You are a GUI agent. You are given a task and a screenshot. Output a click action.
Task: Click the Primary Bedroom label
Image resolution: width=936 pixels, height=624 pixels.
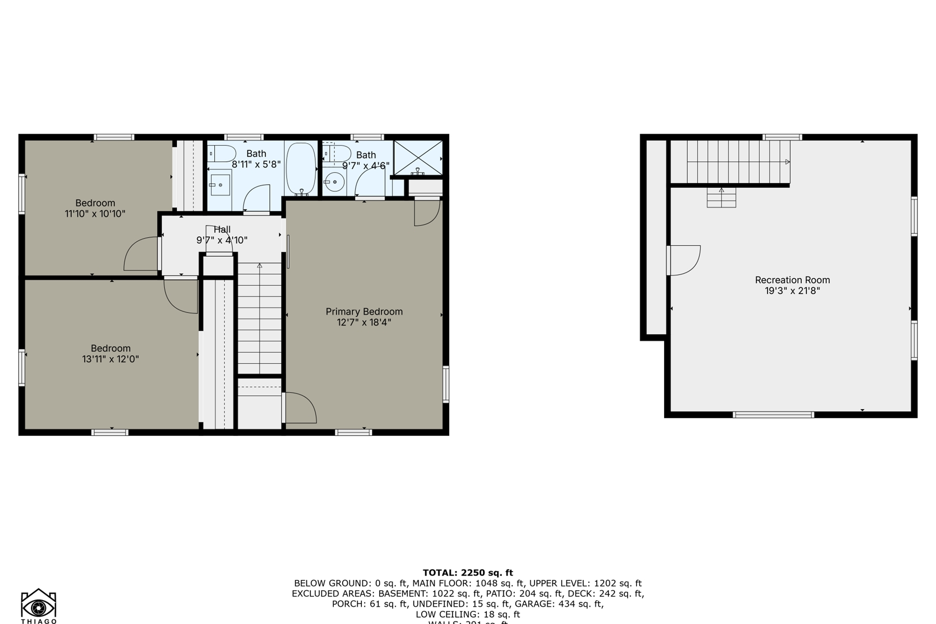364,311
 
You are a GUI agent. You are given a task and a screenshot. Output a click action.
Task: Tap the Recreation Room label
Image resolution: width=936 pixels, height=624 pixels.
792,280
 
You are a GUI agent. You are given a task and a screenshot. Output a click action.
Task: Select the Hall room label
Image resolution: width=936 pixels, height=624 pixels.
222,229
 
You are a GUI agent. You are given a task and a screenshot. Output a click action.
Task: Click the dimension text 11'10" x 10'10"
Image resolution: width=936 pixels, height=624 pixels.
95,214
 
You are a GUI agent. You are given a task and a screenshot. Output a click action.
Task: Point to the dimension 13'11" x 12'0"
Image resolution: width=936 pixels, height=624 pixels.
110,359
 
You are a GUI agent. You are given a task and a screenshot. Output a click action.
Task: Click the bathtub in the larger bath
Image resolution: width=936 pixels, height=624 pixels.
301,168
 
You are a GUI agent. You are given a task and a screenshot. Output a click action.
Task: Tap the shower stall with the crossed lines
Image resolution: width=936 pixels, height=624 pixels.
418,157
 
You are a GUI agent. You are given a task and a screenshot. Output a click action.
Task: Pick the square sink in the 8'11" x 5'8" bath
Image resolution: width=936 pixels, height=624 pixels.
220,185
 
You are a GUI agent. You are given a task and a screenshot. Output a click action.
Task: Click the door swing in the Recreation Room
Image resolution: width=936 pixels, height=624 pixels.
684,260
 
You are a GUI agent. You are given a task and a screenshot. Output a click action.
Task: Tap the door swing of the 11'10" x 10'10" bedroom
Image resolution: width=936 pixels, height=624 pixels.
141,254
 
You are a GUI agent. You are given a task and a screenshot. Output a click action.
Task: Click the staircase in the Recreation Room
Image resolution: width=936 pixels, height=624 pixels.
738,162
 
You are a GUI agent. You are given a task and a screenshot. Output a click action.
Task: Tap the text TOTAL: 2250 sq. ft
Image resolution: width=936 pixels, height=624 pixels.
467,573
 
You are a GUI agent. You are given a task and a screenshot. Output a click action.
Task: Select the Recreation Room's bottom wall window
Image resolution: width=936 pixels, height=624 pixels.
773,414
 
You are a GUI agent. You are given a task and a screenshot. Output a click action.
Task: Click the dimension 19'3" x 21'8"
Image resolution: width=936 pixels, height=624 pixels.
792,291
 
